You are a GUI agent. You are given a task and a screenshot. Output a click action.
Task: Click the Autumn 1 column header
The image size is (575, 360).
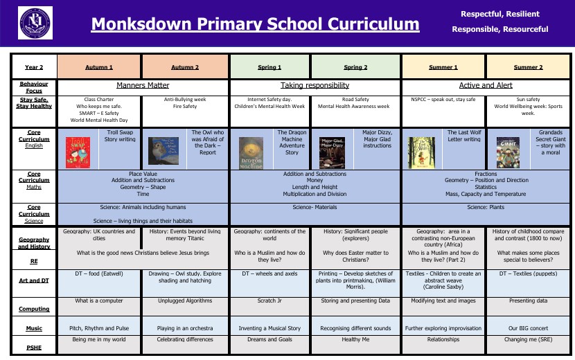point(99,67)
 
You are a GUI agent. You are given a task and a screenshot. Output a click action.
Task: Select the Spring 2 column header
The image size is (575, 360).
point(356,67)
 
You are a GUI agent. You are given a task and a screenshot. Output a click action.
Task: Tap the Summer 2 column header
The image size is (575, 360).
point(529,67)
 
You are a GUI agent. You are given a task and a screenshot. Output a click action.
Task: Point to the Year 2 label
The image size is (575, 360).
point(34,67)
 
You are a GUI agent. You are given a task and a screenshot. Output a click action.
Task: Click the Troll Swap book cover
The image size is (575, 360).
point(78,151)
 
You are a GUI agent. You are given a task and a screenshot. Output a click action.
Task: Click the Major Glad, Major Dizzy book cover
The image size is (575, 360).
point(332,152)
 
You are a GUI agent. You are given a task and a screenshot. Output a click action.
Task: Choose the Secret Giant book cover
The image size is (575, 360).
point(508,151)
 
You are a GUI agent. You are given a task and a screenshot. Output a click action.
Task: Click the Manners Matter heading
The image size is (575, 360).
point(143,86)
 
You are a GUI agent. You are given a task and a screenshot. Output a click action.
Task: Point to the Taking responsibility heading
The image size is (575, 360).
point(315,86)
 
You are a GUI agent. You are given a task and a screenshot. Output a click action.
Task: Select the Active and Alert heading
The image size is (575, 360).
point(486,86)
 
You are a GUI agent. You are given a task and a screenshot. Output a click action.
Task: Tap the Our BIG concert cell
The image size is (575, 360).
point(529,328)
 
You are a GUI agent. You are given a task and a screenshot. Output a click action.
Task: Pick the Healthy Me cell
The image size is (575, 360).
point(356,340)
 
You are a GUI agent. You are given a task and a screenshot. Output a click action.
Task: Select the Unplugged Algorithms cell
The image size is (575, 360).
point(185,301)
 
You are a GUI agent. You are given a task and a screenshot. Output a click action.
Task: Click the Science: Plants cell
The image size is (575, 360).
point(486,207)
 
